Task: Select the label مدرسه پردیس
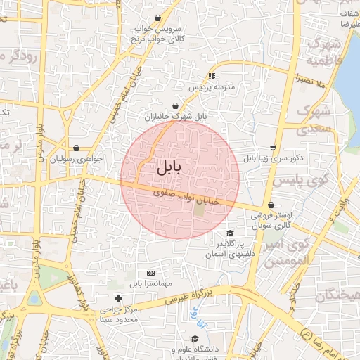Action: click(210, 88)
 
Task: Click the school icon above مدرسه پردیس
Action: click(211, 76)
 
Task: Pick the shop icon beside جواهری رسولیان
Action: click(75, 148)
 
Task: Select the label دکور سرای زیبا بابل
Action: click(274, 158)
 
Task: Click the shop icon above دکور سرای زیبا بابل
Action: click(273, 147)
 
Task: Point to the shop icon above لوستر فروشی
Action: click(271, 206)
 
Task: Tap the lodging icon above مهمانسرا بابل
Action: click(150, 273)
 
